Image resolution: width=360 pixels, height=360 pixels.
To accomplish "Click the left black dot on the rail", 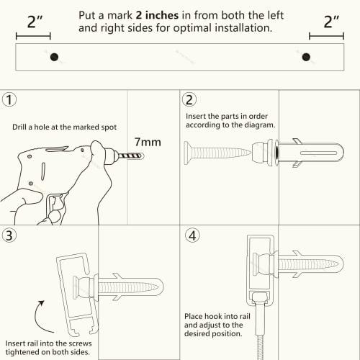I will coord(53,58).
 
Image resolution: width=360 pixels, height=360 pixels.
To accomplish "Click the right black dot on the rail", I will coord(306,58).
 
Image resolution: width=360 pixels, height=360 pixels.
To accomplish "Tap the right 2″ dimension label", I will coord(330,21).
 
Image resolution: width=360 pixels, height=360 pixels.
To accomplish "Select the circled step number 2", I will coord(189,100).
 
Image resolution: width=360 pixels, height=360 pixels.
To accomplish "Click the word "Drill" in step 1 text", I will coord(22,128).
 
